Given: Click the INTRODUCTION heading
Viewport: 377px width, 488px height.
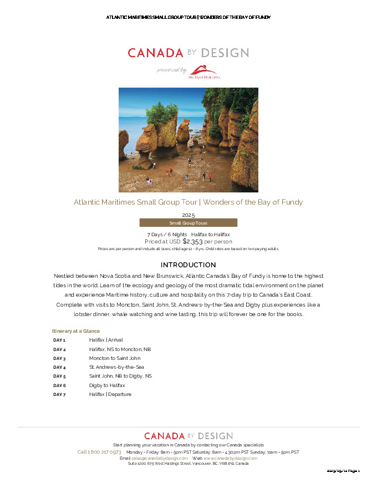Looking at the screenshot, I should [188, 265].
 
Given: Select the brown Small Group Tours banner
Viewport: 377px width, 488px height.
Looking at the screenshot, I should [188, 223].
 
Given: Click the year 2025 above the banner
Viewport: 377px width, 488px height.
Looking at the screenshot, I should [188, 215].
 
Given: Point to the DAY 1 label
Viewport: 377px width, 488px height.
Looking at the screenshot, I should [59, 340].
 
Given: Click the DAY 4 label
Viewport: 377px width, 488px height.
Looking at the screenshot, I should [59, 367].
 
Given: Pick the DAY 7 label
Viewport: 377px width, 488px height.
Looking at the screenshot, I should [59, 394].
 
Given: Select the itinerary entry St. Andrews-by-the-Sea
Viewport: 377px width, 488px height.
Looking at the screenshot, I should [116, 367].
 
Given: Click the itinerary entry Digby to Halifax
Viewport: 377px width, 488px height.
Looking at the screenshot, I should [107, 385].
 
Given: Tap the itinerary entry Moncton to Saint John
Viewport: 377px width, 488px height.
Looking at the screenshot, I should [115, 358].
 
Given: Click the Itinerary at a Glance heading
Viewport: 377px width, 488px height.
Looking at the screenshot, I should [76, 331].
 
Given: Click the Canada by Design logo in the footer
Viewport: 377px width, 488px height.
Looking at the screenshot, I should [188, 436].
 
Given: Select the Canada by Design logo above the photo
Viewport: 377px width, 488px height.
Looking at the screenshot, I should [188, 53].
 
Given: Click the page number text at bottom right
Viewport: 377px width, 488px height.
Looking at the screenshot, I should [343, 471].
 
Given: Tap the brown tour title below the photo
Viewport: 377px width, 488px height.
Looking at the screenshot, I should [188, 202].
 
